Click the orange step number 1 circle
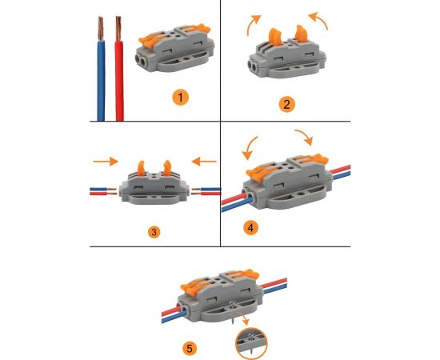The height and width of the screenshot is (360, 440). click(181, 98)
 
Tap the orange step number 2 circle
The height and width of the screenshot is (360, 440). click(286, 104)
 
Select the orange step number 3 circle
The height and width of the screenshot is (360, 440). click(154, 232)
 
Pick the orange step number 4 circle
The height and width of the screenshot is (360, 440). click(251, 227)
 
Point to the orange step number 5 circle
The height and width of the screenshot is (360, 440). click(190, 349)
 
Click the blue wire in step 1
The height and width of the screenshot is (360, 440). click(101, 81)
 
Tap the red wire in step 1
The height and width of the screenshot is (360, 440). click(119, 81)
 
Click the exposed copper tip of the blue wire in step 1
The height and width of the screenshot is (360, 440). click(101, 29)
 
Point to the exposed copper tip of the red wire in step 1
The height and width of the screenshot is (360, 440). click(118, 29)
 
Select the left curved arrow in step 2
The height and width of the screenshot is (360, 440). click(251, 24)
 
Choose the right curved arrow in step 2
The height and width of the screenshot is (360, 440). click(320, 19)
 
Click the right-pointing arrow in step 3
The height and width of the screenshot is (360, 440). click(106, 162)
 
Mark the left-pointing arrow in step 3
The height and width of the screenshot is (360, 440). click(204, 162)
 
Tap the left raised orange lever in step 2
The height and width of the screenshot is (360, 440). click(275, 37)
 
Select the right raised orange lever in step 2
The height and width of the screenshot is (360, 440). click(301, 34)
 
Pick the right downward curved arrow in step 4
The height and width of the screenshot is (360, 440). click(306, 136)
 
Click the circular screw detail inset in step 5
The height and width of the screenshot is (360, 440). click(251, 343)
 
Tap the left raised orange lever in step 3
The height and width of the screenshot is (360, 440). click(141, 168)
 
